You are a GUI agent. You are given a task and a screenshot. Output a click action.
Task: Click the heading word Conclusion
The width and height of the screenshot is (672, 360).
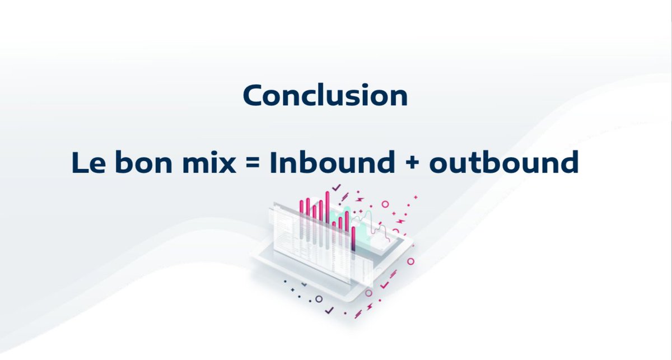click(x=325, y=95)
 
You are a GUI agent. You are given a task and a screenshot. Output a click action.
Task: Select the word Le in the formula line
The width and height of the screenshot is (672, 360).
click(x=86, y=163)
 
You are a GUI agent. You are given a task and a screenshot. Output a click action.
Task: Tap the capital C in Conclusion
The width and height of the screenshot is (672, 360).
click(x=253, y=96)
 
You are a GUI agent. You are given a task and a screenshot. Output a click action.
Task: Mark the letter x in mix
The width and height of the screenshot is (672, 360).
click(x=227, y=165)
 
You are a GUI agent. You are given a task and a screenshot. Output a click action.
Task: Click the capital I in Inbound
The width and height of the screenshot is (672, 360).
click(x=274, y=163)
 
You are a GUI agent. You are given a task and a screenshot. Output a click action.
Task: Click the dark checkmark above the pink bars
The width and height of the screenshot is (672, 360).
click(x=336, y=188)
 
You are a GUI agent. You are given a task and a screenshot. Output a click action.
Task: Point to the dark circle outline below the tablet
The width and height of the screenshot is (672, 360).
click(x=319, y=299)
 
